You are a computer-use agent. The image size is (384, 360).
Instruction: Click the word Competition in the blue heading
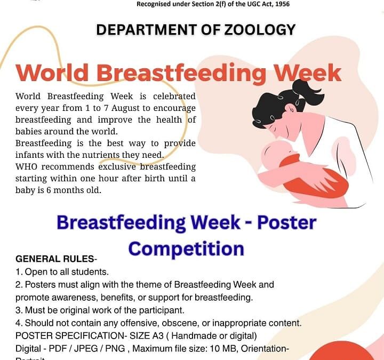click(186, 249)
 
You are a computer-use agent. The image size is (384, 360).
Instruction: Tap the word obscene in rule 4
click(180, 323)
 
